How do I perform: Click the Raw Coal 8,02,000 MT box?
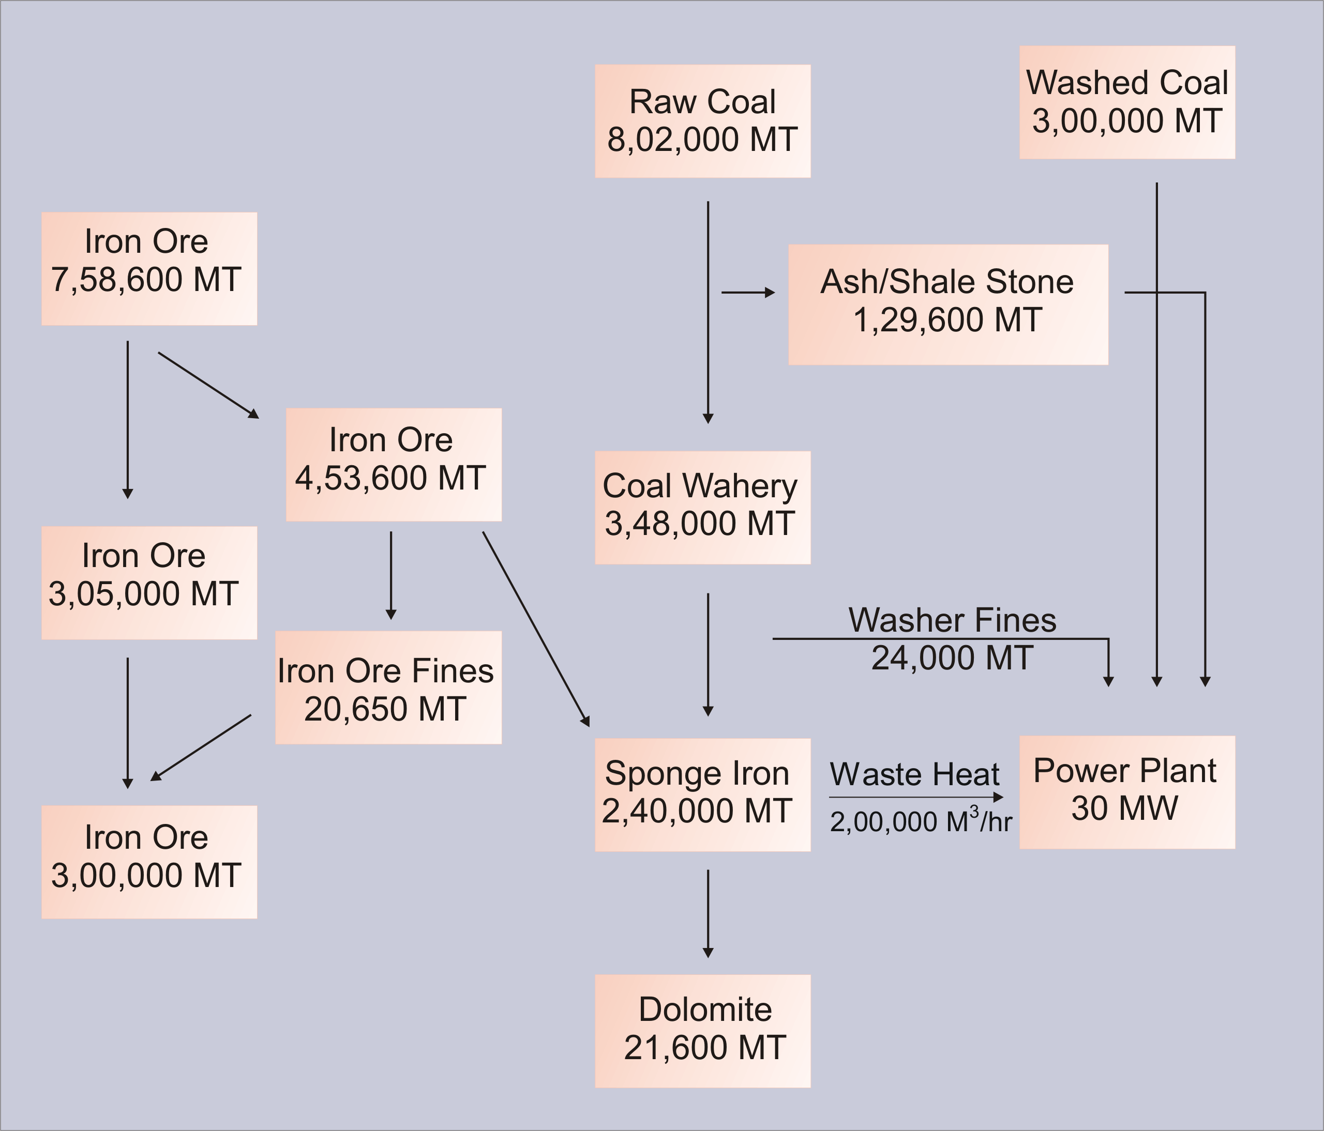pyautogui.click(x=702, y=121)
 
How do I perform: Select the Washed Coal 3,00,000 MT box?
pyautogui.click(x=1126, y=102)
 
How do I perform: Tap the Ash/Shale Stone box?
pyautogui.click(x=947, y=304)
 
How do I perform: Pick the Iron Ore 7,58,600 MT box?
pyautogui.click(x=149, y=268)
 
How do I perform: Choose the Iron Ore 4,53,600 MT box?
pyautogui.click(x=393, y=464)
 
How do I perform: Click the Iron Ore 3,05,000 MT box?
pyautogui.click(x=149, y=583)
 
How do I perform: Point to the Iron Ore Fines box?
pyautogui.click(x=388, y=687)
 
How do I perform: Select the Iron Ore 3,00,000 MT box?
pyautogui.click(x=149, y=862)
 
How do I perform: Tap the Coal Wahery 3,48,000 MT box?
pyautogui.click(x=702, y=508)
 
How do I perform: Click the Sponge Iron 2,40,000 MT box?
pyautogui.click(x=702, y=794)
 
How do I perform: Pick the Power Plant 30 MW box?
pyautogui.click(x=1126, y=792)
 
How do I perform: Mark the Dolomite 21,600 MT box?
pyautogui.click(x=702, y=1031)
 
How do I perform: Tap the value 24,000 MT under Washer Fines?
pyautogui.click(x=952, y=659)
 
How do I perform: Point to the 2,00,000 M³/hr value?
pyautogui.click(x=920, y=821)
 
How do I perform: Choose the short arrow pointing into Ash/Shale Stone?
pyautogui.click(x=748, y=293)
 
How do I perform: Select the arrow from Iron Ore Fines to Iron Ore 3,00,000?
pyautogui.click(x=201, y=747)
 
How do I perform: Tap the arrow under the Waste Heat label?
pyautogui.click(x=916, y=797)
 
